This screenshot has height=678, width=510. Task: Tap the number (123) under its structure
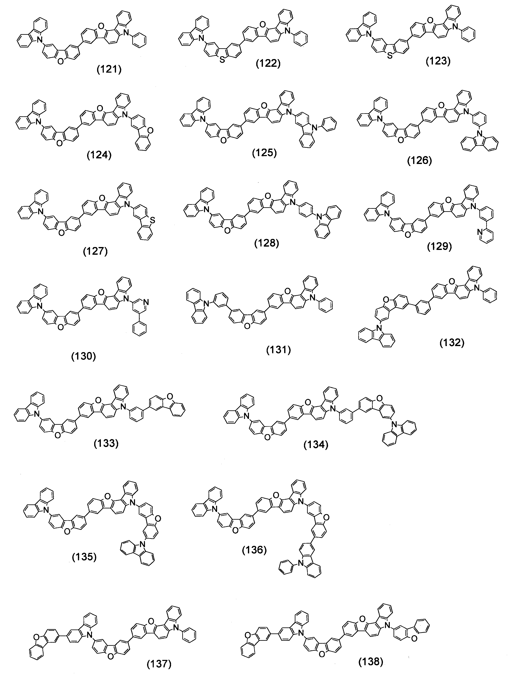[x=438, y=61]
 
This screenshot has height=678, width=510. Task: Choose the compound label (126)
[x=419, y=161]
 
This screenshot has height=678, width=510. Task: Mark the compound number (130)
[x=84, y=356]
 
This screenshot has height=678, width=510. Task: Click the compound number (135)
[x=84, y=557]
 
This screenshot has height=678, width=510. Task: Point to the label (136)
[x=254, y=550]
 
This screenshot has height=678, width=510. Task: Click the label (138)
[x=371, y=662]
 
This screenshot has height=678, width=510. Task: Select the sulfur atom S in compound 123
[x=390, y=56]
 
